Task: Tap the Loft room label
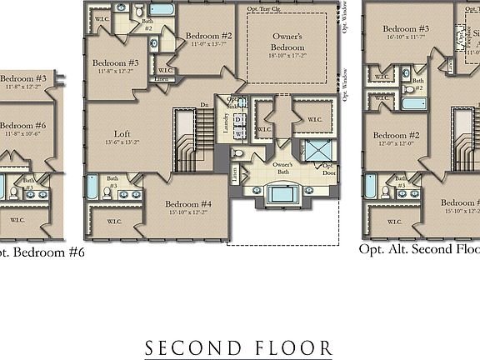(122, 133)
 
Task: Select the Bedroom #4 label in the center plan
(186, 204)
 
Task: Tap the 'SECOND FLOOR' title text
(239, 347)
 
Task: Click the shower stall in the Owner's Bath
(317, 152)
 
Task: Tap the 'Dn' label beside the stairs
(204, 105)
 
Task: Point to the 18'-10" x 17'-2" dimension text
(287, 55)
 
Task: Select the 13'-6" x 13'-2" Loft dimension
(122, 142)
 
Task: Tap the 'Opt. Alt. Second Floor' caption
(419, 248)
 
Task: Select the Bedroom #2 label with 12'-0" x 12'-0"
(395, 136)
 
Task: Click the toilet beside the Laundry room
(237, 154)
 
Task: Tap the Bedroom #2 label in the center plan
(208, 36)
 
